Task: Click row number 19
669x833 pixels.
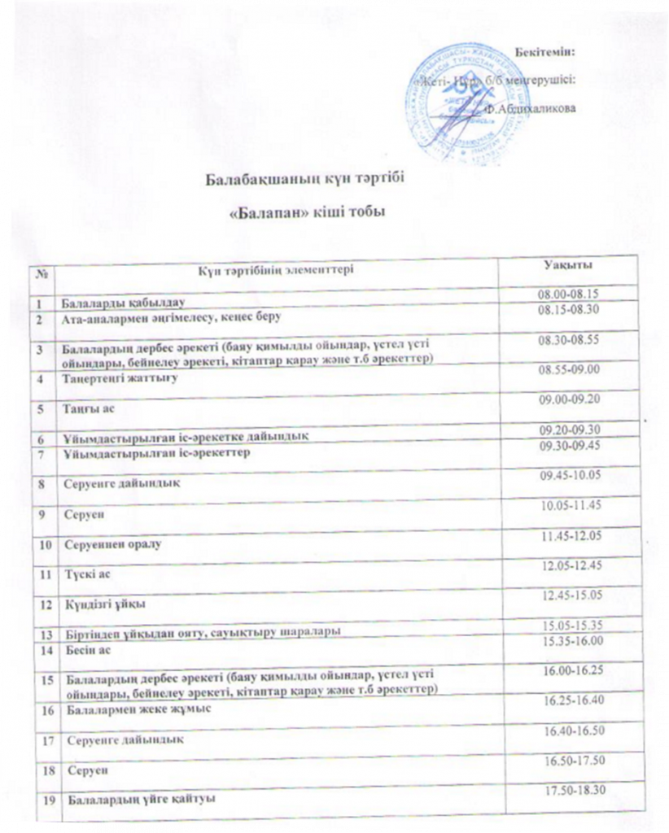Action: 47,800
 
